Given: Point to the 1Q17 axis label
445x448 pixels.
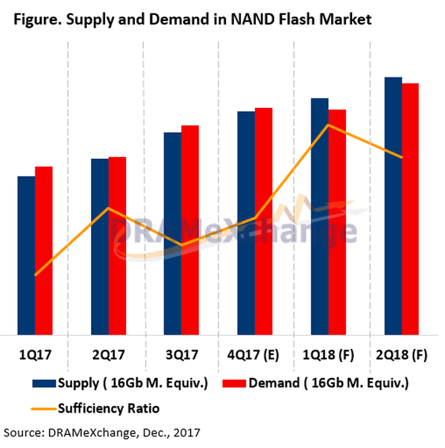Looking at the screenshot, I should click(x=35, y=354).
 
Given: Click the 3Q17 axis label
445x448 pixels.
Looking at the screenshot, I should click(x=181, y=354).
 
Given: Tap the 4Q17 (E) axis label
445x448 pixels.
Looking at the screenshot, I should click(x=254, y=354).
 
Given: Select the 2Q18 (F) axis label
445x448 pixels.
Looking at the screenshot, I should click(x=402, y=354).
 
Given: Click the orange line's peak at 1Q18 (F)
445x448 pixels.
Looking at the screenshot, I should click(x=328, y=125).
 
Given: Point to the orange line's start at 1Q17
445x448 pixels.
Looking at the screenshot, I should click(x=35, y=275).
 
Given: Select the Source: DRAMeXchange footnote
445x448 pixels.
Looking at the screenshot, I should click(x=102, y=431).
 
